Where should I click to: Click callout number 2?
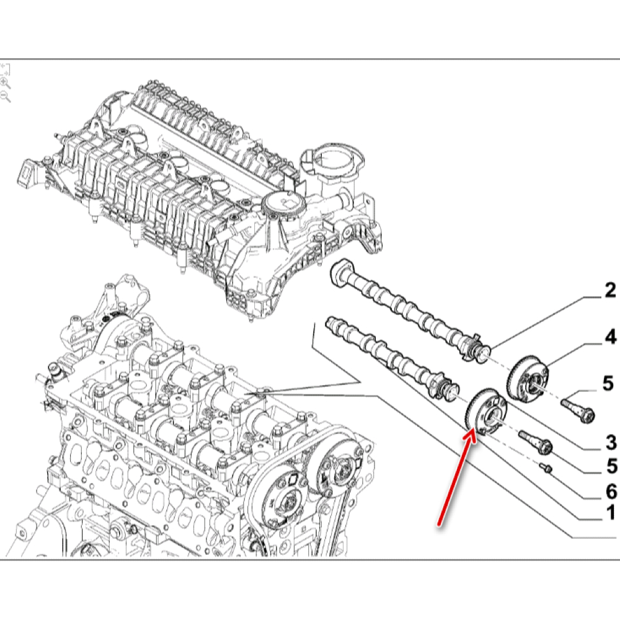pos(609,291)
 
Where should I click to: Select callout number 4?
pos(610,337)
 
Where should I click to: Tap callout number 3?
pos(610,442)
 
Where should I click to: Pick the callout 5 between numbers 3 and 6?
pos(610,465)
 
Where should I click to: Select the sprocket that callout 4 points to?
pos(528,376)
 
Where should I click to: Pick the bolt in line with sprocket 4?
pos(578,409)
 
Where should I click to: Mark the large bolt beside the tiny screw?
pos(536,443)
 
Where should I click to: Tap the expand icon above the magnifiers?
pos(4,68)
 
